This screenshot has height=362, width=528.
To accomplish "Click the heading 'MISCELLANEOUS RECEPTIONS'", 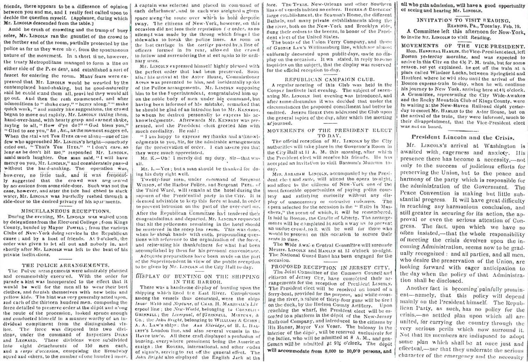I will pos(66,211).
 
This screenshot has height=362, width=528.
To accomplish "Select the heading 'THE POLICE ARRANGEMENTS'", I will pos(66,265).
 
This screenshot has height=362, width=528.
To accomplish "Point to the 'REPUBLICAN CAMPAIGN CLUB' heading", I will pos(329,79).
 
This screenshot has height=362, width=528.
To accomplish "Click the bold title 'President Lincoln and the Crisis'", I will pos(463,137).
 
